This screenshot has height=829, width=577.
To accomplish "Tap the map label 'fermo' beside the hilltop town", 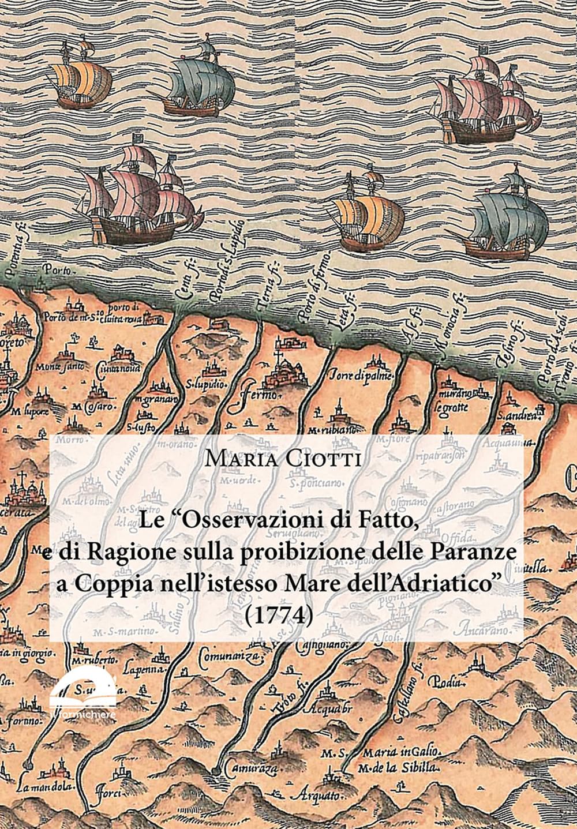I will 258,394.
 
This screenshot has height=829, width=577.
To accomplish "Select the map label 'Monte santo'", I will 59,366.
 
